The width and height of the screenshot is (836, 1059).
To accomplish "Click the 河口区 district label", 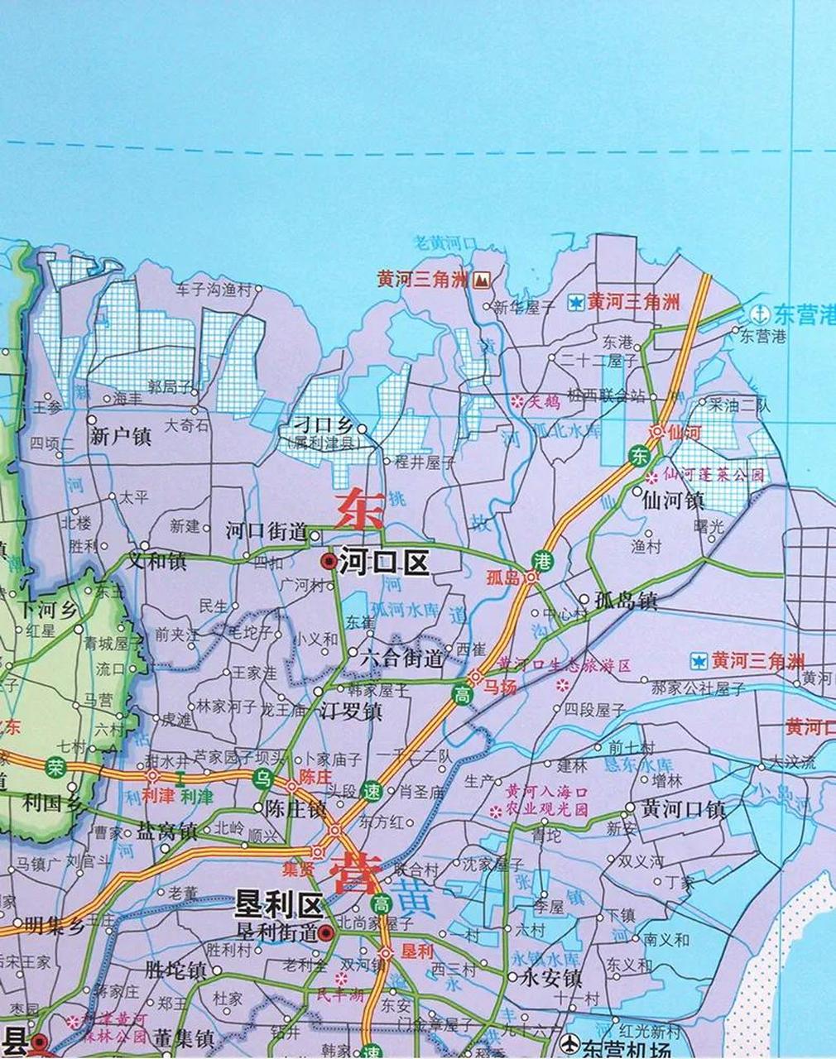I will [383, 563].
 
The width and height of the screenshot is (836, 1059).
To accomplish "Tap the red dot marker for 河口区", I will [329, 563].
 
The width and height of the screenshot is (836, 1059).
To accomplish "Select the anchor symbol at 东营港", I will [758, 314].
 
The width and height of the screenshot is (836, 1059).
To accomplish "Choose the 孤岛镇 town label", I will [626, 601].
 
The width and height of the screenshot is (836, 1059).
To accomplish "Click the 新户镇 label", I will [121, 436].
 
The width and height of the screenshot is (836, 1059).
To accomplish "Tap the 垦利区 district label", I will [278, 903].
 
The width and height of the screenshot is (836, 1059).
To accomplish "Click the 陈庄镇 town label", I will [295, 809].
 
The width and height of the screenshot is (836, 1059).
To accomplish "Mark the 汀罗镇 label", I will [351, 710].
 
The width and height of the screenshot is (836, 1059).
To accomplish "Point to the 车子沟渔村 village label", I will [213, 290].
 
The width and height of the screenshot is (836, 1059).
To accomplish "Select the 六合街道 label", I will [402, 659].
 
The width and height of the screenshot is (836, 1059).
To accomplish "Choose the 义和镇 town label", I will [156, 561].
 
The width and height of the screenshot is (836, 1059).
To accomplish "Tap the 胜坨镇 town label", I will [175, 969].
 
